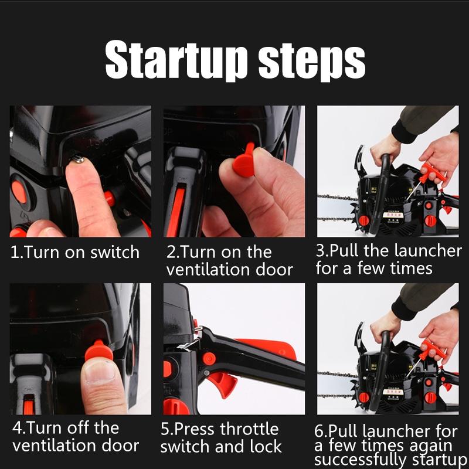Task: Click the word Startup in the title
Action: (176, 60)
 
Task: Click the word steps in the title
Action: (312, 62)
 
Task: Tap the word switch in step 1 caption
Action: (115, 252)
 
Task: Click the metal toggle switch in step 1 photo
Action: (79, 159)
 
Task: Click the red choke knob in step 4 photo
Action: (98, 351)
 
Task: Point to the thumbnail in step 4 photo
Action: (100, 372)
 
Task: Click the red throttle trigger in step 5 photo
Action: (223, 383)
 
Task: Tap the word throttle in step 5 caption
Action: (250, 429)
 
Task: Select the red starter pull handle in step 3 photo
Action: (433, 174)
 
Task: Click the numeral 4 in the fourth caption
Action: (17, 428)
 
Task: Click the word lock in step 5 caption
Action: (266, 447)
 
